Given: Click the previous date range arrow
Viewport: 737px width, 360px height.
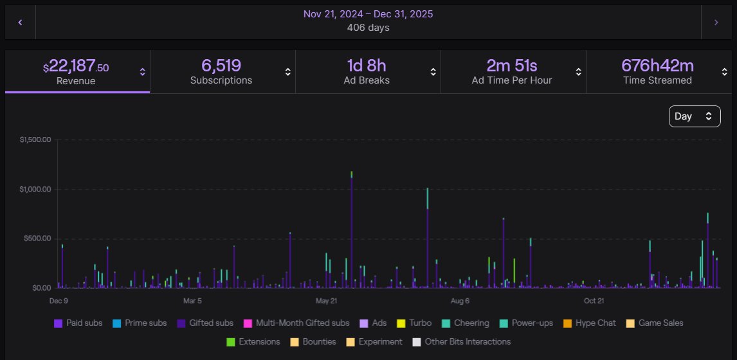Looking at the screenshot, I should click(x=20, y=22).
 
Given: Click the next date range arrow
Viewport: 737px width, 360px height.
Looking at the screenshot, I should click(x=716, y=22).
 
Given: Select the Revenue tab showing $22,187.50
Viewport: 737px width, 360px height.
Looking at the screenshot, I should click(x=77, y=71).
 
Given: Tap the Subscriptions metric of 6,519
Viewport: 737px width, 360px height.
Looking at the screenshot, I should click(x=221, y=71).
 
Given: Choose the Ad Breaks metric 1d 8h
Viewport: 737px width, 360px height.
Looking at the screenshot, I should click(x=367, y=71).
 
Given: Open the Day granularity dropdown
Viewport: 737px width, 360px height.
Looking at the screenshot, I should click(x=694, y=116).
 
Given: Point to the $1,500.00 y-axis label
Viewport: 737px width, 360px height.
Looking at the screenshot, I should click(x=36, y=139).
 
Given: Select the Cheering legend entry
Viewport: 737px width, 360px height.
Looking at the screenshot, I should click(x=466, y=323).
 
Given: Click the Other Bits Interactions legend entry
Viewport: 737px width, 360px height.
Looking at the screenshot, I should click(x=461, y=342).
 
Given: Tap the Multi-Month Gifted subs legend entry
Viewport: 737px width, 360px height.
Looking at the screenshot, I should click(x=296, y=323).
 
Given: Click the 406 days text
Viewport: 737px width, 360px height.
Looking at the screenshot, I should click(x=368, y=28).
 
